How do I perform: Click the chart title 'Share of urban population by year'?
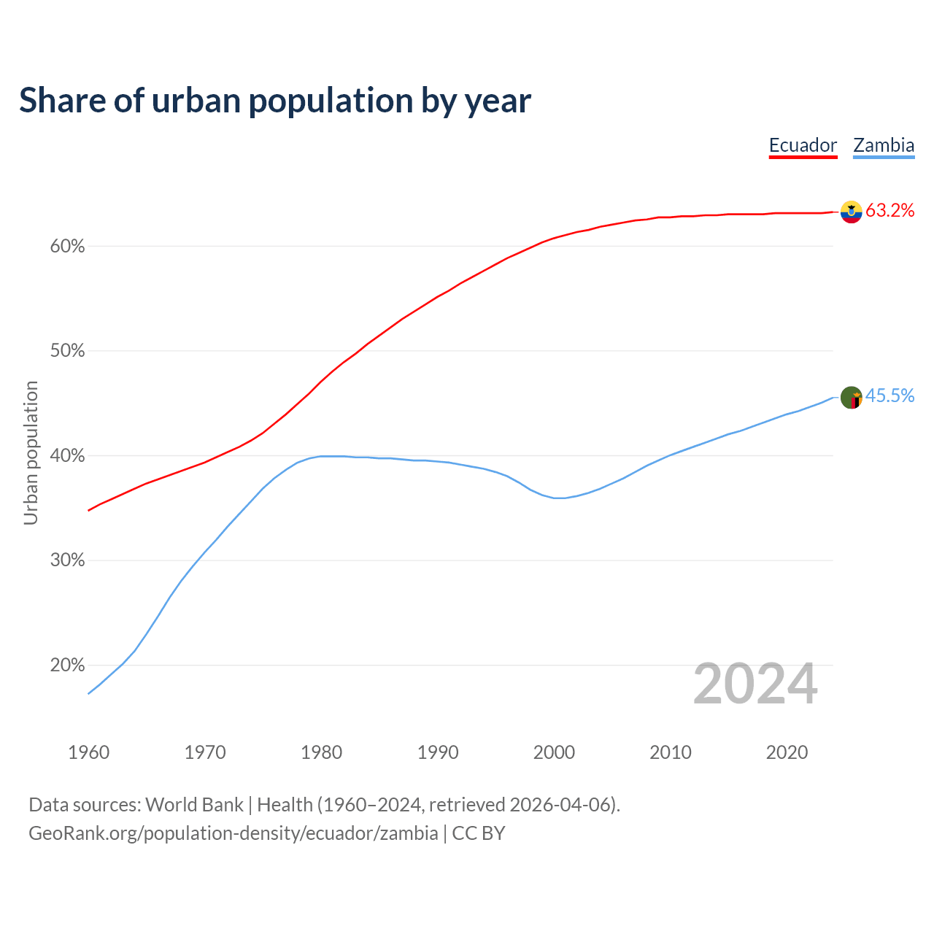click(275, 101)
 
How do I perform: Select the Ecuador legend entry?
click(803, 145)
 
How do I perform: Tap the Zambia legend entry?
click(884, 145)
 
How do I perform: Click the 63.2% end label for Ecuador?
click(889, 211)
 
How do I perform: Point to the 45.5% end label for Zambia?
click(889, 396)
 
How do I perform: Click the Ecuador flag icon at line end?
click(851, 212)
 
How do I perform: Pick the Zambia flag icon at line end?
click(851, 398)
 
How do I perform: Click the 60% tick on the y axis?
click(68, 247)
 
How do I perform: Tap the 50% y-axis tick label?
click(68, 351)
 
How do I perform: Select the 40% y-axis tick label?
click(68, 456)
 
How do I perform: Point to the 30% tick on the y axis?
click(68, 560)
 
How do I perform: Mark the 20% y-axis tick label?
click(68, 665)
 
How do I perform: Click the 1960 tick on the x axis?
click(88, 752)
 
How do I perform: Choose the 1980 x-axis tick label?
click(321, 752)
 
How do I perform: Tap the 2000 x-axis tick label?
click(554, 752)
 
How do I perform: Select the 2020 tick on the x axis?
click(787, 752)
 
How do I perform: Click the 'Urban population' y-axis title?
click(31, 452)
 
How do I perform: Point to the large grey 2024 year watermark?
click(755, 684)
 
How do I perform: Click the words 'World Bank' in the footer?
click(194, 805)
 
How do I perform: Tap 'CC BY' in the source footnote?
click(479, 833)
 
